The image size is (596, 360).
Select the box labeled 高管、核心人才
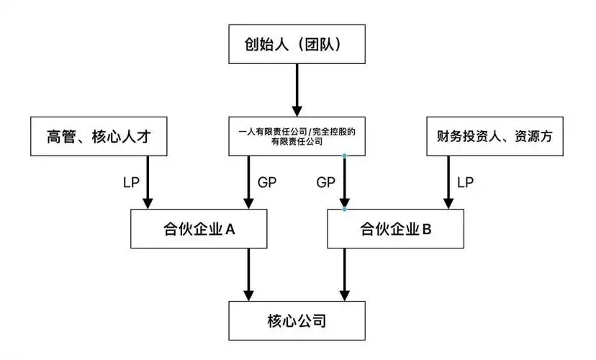point(99,136)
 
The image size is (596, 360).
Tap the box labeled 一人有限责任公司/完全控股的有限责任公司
point(297,136)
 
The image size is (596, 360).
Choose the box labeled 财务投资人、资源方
point(495,136)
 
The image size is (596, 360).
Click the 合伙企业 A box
point(198,229)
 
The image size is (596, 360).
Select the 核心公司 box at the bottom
point(297,320)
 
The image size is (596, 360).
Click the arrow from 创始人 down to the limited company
point(297,90)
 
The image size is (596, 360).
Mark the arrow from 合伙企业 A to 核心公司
point(249,274)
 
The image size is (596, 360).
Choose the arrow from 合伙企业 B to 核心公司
point(346,274)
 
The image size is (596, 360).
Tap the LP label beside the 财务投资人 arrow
point(465,182)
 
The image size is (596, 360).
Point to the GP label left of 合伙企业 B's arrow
point(326,182)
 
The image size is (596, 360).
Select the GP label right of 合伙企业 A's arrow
point(267,182)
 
